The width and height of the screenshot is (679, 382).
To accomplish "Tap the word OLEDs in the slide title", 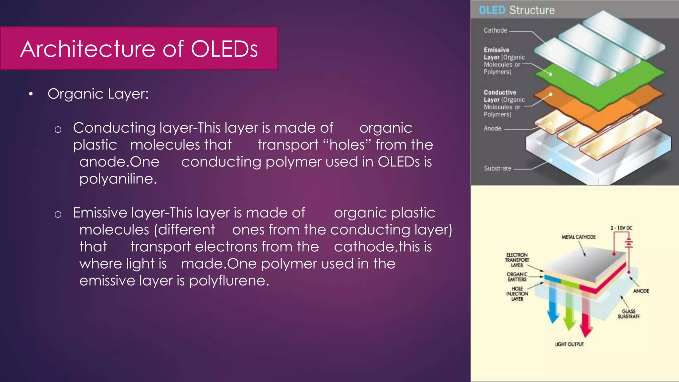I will point(224,49).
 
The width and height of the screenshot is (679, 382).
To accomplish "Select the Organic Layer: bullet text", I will point(98,94).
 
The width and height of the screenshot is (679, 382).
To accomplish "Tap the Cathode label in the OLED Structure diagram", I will point(495,31).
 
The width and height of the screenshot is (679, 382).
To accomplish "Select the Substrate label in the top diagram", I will point(498,168).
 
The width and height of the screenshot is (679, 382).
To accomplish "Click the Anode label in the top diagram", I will point(492,129).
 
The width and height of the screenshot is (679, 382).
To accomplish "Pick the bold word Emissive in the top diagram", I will point(496,50).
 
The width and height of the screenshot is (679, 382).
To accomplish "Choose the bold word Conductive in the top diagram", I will point(500,93).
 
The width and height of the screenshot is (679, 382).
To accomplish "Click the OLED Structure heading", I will point(517,10).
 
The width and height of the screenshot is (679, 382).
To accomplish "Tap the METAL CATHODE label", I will point(579,237).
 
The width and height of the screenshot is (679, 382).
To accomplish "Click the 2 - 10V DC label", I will point(621,228).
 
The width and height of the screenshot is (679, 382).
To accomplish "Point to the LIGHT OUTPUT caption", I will point(569,345).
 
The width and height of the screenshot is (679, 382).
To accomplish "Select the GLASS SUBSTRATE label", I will point(629,314).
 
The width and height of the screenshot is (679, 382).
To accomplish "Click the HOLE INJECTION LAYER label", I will point(517,294).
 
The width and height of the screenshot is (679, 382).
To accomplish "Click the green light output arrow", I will point(570,308).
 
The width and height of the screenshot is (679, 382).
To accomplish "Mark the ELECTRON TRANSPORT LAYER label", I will point(517,260).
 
